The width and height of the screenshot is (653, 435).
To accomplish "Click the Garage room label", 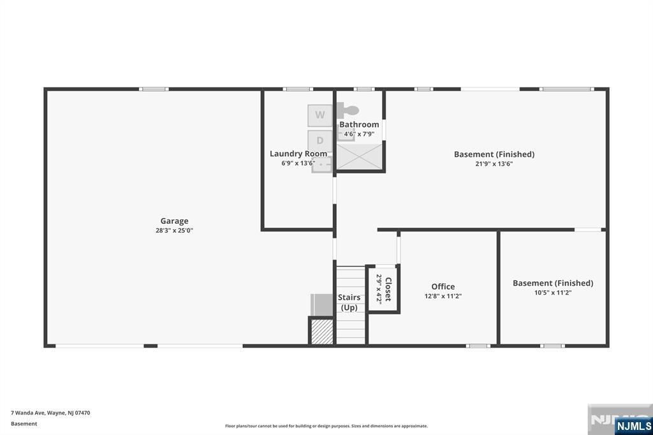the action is pyautogui.click(x=175, y=221).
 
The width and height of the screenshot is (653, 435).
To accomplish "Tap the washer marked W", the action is pyautogui.click(x=320, y=115).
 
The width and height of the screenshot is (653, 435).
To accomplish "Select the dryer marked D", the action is pyautogui.click(x=320, y=141).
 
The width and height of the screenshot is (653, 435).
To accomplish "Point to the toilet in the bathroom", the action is pyautogui.click(x=348, y=111).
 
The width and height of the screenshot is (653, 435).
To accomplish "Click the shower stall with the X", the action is pyautogui.click(x=359, y=157).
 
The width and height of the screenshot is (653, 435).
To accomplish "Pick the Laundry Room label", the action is pyautogui.click(x=298, y=154).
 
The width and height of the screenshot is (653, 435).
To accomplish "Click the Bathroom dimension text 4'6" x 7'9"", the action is pyautogui.click(x=359, y=134).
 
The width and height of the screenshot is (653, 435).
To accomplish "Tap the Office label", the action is pyautogui.click(x=443, y=286).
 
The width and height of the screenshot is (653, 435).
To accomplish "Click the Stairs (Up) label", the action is pyautogui.click(x=349, y=302).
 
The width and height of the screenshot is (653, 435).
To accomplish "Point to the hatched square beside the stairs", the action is pyautogui.click(x=322, y=332).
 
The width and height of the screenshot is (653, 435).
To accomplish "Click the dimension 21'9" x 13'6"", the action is pyautogui.click(x=494, y=164).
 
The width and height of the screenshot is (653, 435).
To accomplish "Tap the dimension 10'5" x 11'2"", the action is pyautogui.click(x=553, y=293).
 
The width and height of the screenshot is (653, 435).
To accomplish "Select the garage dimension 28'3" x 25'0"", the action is pyautogui.click(x=175, y=230).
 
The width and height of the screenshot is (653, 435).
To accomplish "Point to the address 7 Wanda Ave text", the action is pyautogui.click(x=50, y=413).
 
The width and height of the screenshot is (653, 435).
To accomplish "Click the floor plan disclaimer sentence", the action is pyautogui.click(x=326, y=426).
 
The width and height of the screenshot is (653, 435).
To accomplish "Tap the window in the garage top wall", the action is pyautogui.click(x=154, y=89).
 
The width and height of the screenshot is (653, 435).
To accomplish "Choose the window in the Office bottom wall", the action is pyautogui.click(x=478, y=346).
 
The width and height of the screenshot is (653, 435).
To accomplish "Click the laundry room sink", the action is pyautogui.click(x=321, y=165).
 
